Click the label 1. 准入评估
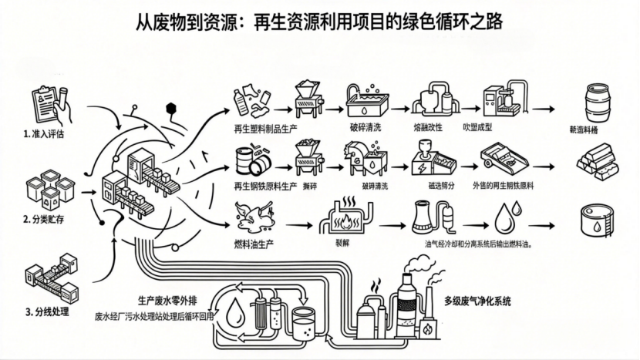click(x=44, y=133)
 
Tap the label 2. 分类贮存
click(x=44, y=218)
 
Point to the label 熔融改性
click(x=428, y=127)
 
